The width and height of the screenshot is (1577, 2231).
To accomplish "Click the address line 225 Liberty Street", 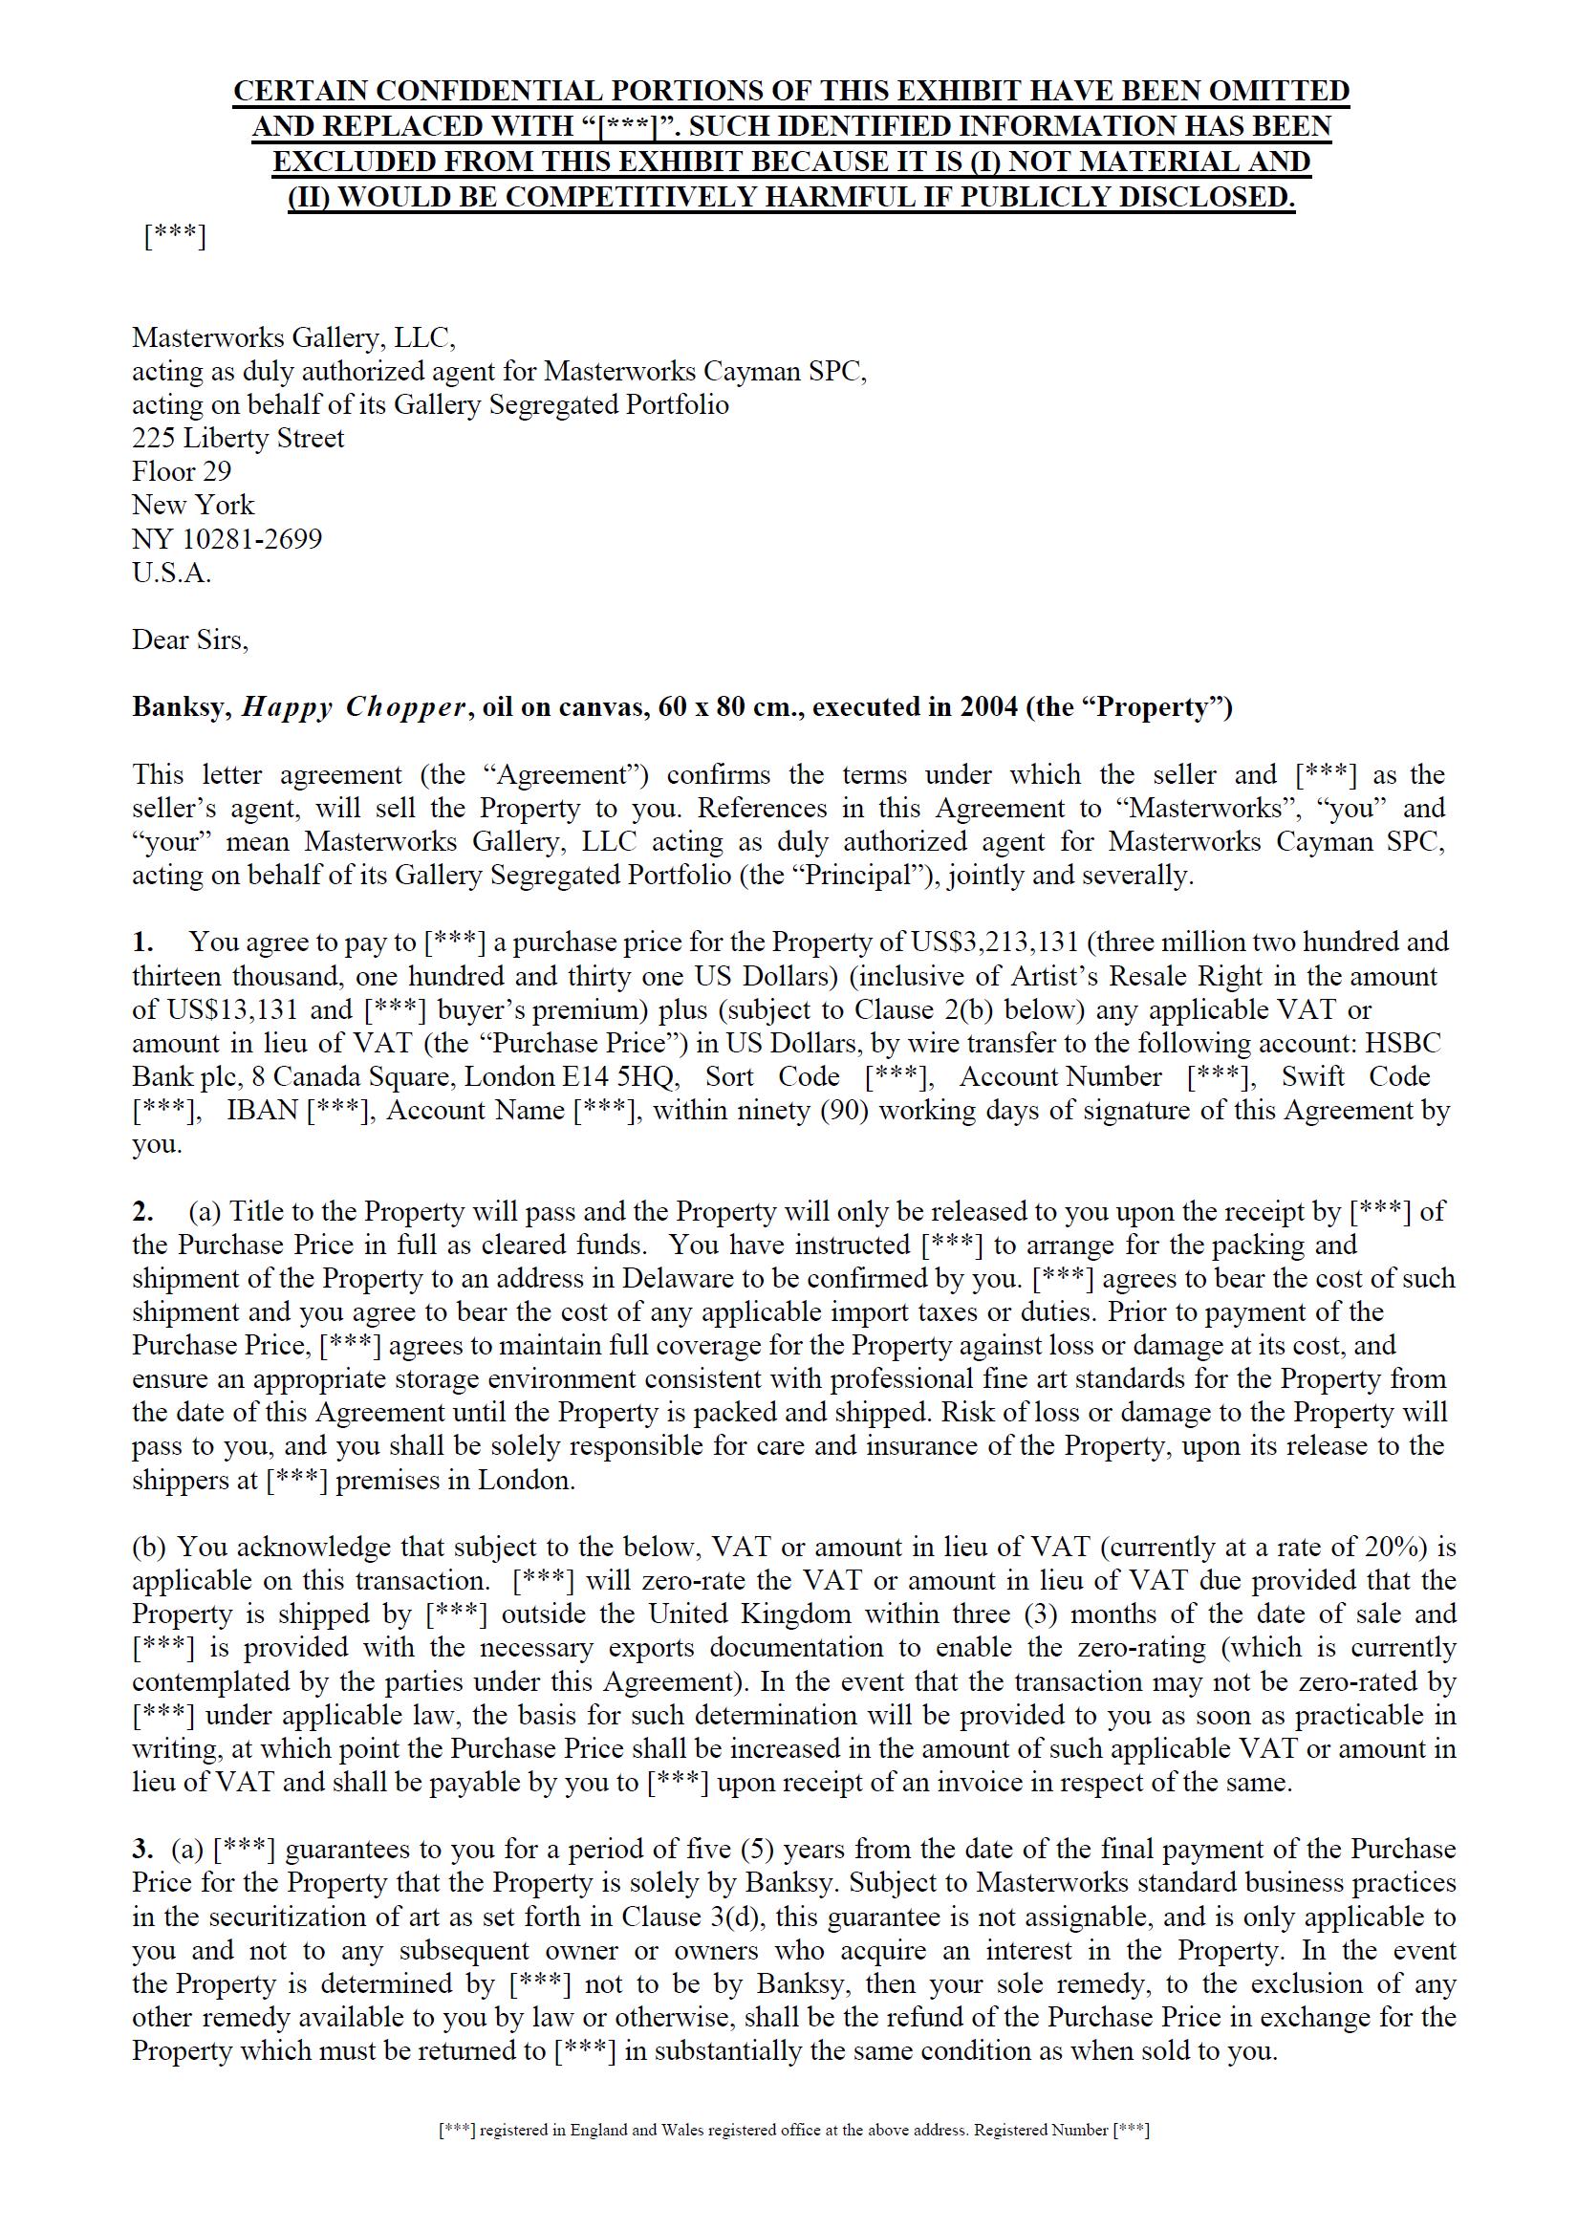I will pyautogui.click(x=238, y=438).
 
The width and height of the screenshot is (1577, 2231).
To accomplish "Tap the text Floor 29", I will pyautogui.click(x=182, y=471).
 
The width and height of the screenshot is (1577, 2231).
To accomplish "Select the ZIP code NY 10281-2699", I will pyautogui.click(x=227, y=538).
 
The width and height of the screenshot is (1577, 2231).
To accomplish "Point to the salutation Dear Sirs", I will pyautogui.click(x=189, y=640).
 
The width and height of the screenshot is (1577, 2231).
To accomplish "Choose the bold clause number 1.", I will pyautogui.click(x=142, y=942).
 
